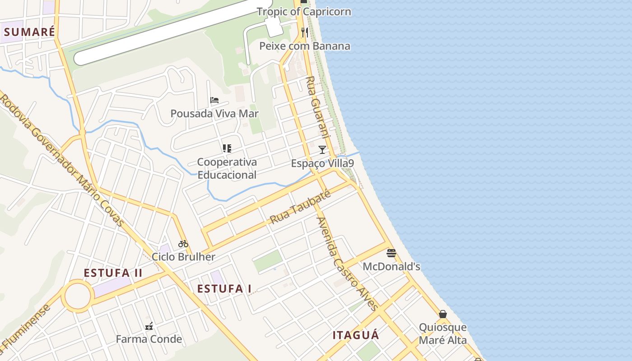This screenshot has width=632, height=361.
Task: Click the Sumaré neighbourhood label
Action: tap(30, 32)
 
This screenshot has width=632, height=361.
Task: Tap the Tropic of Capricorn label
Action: tap(304, 11)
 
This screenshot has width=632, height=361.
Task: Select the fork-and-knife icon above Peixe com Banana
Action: tap(305, 32)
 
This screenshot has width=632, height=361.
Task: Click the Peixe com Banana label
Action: tap(305, 46)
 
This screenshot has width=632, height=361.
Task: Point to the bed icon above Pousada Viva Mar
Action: tap(214, 100)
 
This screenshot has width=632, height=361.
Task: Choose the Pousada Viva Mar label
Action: tap(214, 113)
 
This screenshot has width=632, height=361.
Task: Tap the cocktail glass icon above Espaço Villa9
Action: tap(322, 149)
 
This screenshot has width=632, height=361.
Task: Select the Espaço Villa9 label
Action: tap(322, 163)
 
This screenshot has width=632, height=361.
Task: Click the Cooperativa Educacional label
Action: tap(227, 168)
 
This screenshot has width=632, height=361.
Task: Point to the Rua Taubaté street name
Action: tap(300, 207)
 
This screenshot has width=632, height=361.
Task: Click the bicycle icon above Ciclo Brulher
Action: tap(183, 244)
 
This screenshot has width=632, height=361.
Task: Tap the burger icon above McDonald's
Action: tap(391, 253)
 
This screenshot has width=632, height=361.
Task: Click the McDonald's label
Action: tap(391, 267)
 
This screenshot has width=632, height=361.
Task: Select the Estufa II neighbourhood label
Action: tap(113, 273)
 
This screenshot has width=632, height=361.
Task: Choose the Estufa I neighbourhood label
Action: tap(224, 289)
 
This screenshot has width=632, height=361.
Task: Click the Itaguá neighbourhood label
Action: tap(356, 335)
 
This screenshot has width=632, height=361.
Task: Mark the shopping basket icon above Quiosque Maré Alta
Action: tap(443, 314)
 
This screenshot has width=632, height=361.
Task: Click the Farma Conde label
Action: tap(149, 339)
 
